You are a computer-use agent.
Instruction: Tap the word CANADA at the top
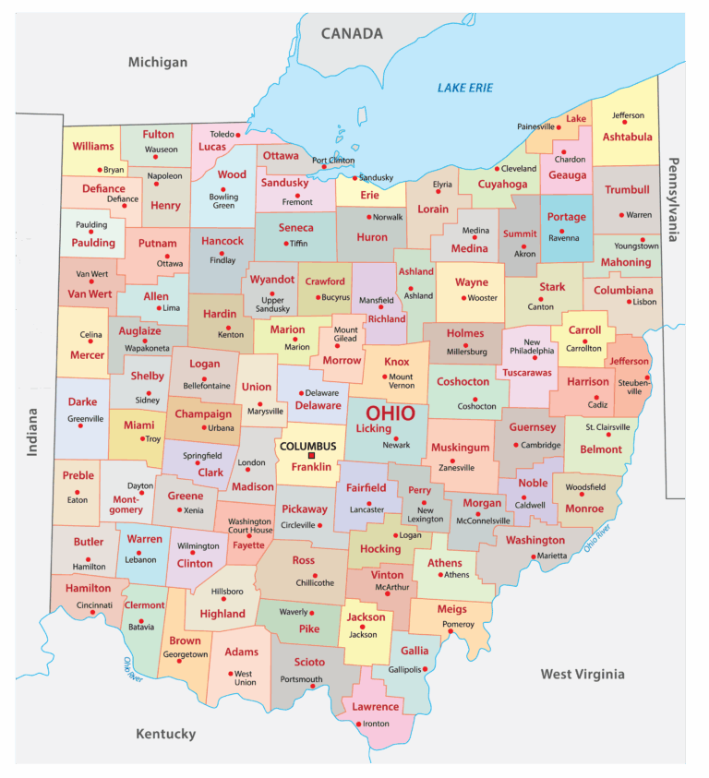point(352,34)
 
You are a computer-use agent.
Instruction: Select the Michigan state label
point(157,62)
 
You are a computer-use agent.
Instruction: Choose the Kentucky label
point(166,734)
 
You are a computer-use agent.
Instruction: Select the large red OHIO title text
point(391,413)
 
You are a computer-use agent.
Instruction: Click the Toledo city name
point(215,134)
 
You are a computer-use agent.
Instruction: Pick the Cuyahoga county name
point(502,185)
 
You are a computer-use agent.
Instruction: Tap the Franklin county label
point(311,468)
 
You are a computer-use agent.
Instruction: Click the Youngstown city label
point(637,246)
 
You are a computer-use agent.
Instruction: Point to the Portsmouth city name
point(302,679)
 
